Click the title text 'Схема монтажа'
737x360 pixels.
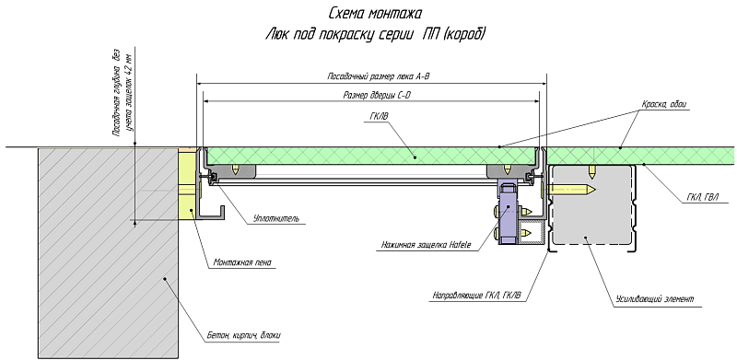coord(375,13)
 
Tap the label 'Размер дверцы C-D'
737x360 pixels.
coord(377,96)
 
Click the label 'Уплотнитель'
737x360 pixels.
coord(275,218)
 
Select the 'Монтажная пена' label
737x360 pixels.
coord(242,263)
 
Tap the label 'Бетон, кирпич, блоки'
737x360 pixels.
coord(244,335)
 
